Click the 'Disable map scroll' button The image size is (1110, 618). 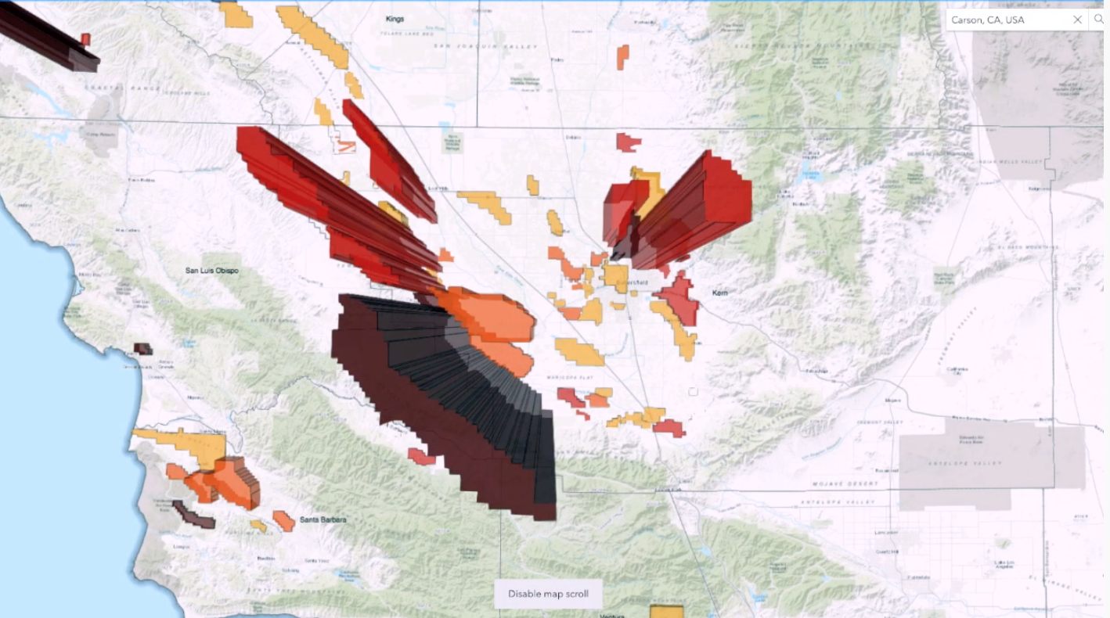tap(548, 594)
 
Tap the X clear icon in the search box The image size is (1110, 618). tap(1077, 20)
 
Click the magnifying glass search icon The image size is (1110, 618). tap(1099, 20)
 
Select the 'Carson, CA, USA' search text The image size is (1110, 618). tap(988, 20)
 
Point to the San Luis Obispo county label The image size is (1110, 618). tap(212, 271)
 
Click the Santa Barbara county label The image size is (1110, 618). tap(323, 519)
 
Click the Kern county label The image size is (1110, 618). tap(720, 293)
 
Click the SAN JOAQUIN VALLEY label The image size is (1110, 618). tap(486, 47)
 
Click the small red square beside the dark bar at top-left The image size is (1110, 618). tap(85, 39)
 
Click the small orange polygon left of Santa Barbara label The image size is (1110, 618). tap(283, 520)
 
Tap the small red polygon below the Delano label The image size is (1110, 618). tap(627, 142)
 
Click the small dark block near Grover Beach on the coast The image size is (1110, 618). tap(143, 349)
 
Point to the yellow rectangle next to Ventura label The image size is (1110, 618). tap(667, 612)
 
